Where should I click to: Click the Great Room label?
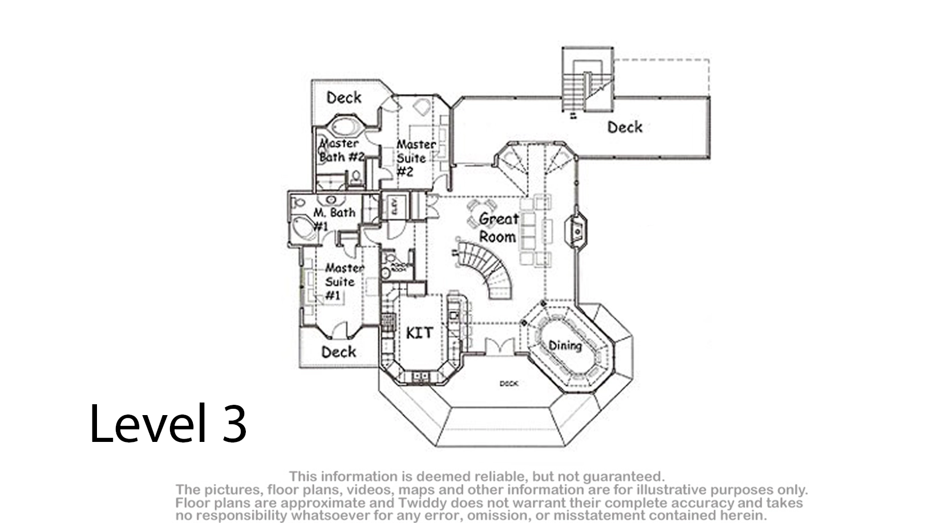pos(498,227)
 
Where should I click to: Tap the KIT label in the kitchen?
pos(419,332)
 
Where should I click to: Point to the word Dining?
pos(565,345)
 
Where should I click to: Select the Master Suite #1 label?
pos(341,281)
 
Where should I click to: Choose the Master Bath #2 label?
pos(341,150)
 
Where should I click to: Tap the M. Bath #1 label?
pos(333,218)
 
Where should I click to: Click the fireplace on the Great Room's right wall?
pos(577,231)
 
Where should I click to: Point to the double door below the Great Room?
pos(499,347)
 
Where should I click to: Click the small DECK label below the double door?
pos(508,384)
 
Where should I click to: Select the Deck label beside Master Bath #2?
pos(343,98)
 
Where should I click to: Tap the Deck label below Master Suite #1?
pos(338,352)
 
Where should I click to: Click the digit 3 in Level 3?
pos(234,424)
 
